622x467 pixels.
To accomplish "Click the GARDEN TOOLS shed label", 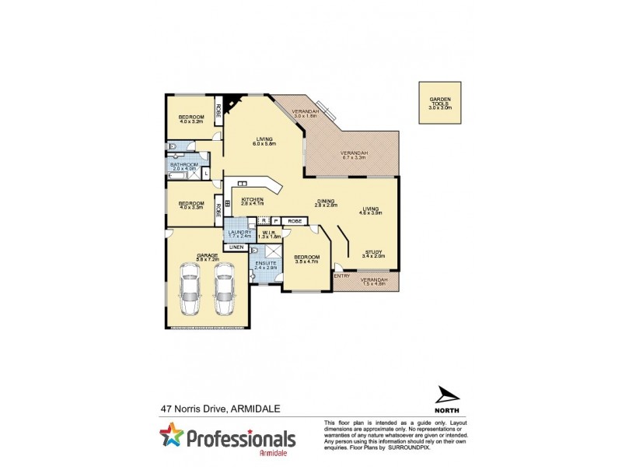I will (439, 100).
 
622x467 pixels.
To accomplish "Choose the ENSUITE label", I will (266, 264).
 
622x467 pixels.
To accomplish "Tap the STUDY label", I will (374, 252).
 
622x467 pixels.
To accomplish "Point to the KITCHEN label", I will (252, 200).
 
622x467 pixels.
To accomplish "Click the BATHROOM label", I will (185, 165).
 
